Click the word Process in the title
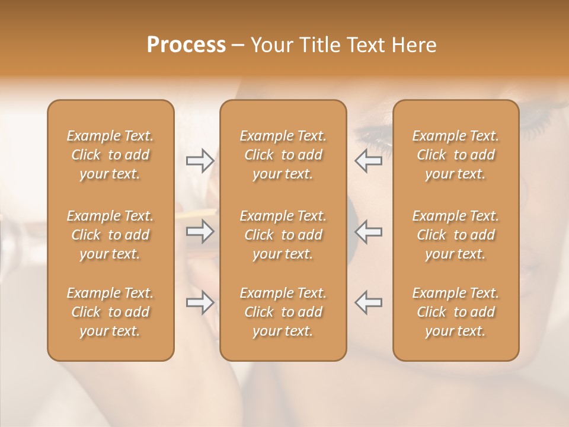(x=186, y=45)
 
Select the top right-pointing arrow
(x=200, y=161)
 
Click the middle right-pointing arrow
(x=200, y=231)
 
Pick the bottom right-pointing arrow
(x=200, y=302)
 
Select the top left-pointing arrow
(x=369, y=161)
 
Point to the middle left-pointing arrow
(x=369, y=231)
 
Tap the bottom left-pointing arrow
(x=369, y=302)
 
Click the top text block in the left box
(x=110, y=155)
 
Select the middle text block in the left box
(x=110, y=235)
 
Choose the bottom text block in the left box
(x=110, y=312)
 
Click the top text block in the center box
(x=283, y=155)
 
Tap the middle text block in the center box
(x=283, y=235)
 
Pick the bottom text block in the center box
(x=283, y=312)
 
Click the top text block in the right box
(x=455, y=155)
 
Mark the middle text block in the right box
(x=455, y=235)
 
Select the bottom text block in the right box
(x=455, y=312)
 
